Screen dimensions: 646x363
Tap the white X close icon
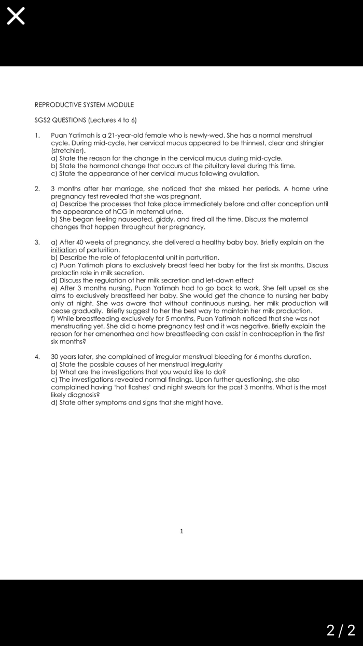click(x=16, y=17)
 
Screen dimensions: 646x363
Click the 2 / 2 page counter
click(x=341, y=630)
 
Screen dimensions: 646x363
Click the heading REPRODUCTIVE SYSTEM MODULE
click(x=84, y=105)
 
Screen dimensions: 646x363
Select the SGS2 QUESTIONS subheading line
click(x=86, y=120)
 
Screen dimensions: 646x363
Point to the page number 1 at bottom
click(x=181, y=531)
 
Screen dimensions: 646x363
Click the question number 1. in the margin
click(x=37, y=135)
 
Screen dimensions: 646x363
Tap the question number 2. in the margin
click(x=37, y=189)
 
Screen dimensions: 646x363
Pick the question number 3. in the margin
click(x=37, y=242)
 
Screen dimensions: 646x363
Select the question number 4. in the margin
click(x=37, y=357)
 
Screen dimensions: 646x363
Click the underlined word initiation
click(x=64, y=250)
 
